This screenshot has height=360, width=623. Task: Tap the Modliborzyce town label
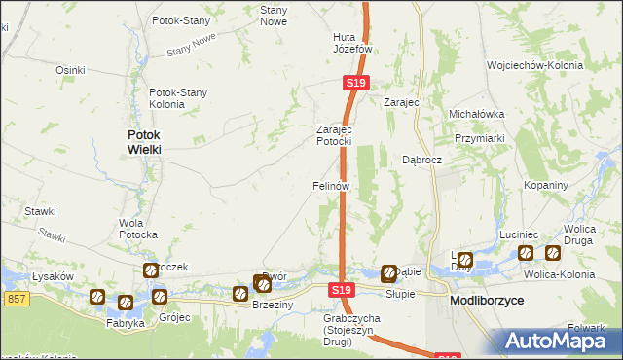(x=488, y=302)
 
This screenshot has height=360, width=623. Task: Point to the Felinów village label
(x=330, y=185)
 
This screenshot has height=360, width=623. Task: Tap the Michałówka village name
(x=476, y=114)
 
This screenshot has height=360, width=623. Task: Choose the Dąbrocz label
(x=422, y=160)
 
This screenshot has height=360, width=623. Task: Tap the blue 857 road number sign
(x=16, y=300)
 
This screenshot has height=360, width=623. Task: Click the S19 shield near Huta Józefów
(x=355, y=85)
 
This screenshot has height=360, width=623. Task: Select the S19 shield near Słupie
(x=340, y=290)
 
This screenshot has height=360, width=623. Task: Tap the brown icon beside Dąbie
(x=389, y=273)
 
